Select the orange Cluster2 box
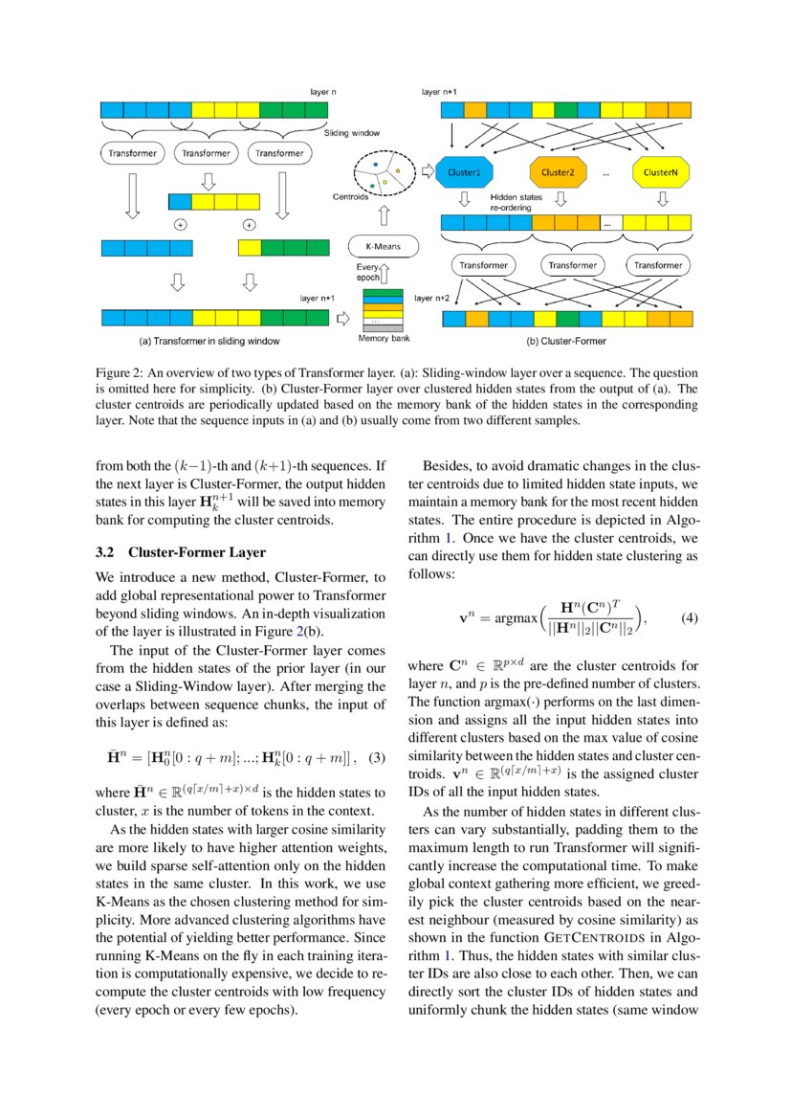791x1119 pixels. point(557,172)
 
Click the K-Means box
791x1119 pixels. point(380,245)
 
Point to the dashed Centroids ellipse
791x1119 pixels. point(380,175)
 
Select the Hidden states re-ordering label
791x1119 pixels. point(517,200)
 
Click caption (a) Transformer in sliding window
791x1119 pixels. point(209,339)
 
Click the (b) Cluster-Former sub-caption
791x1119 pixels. point(566,339)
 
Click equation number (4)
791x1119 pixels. point(690,618)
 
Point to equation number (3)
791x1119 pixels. point(377,705)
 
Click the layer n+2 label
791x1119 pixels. point(431,298)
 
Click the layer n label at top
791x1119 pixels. point(323,92)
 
